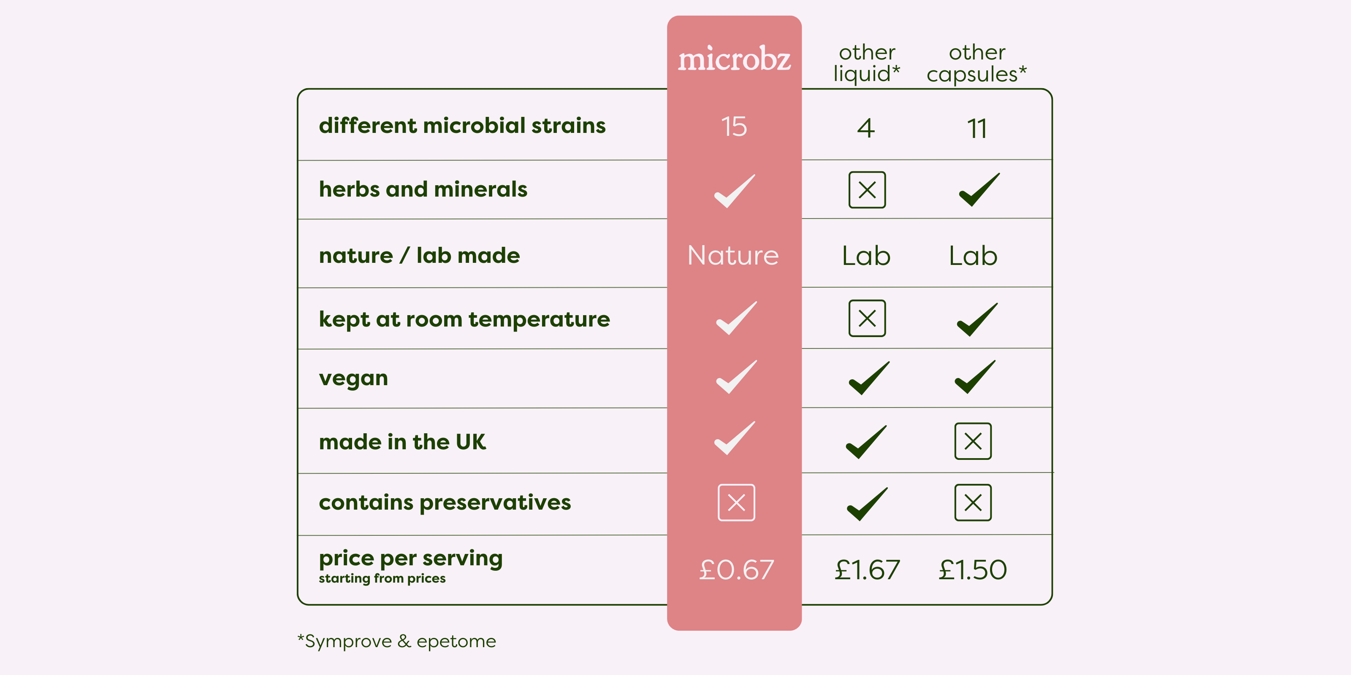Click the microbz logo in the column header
(x=734, y=59)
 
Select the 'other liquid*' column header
(x=867, y=63)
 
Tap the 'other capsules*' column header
(x=977, y=63)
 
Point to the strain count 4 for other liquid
(x=866, y=128)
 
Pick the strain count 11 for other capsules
(x=977, y=128)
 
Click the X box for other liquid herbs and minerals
(x=867, y=190)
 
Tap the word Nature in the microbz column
(x=733, y=256)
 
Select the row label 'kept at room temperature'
(x=464, y=319)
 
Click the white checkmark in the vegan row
(x=736, y=377)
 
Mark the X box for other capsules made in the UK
(x=973, y=441)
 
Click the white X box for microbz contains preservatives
(x=736, y=502)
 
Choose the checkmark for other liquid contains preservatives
(x=867, y=504)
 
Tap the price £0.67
(x=736, y=570)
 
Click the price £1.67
(x=867, y=570)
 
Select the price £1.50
(x=973, y=570)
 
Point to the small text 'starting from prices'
(x=382, y=578)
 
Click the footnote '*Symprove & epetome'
(x=396, y=641)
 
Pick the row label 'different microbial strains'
(x=462, y=126)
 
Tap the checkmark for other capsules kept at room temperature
(x=977, y=320)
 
